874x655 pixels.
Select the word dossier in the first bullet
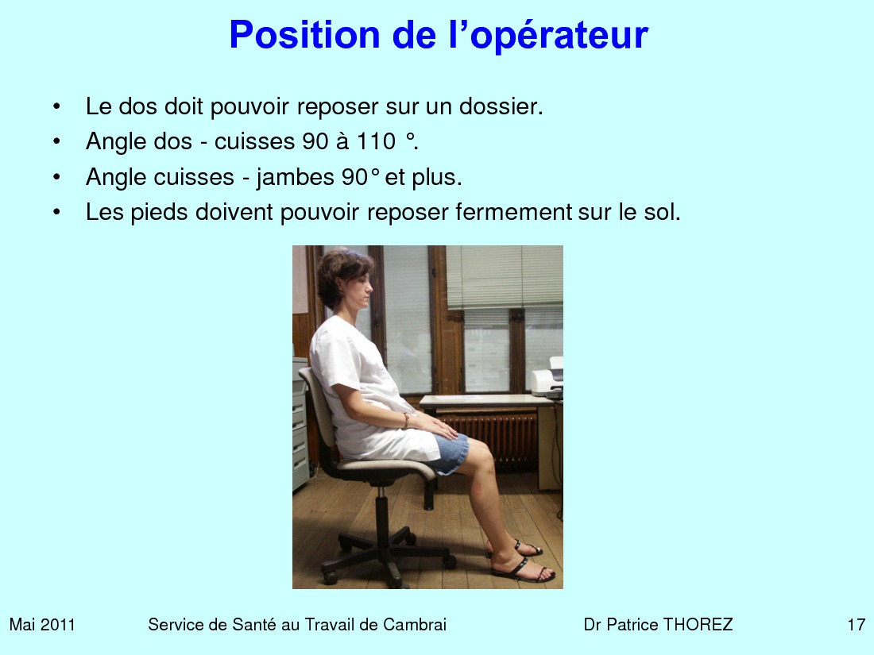(501, 106)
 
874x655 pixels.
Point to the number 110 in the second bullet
(377, 141)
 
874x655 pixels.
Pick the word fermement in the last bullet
(514, 212)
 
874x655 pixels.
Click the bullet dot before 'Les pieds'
(56, 212)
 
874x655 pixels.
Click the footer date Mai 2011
(42, 624)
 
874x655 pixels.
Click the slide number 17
(857, 624)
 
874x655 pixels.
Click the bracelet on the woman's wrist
(406, 421)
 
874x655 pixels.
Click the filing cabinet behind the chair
(300, 423)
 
